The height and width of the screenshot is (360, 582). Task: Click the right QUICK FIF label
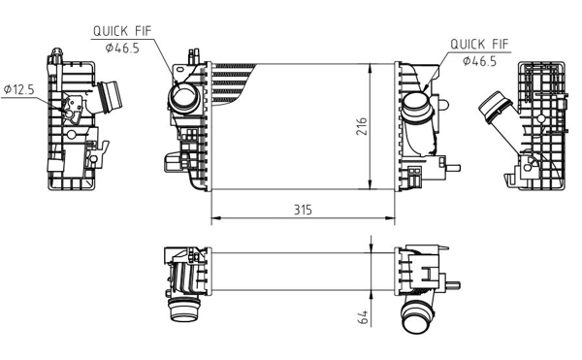pyautogui.click(x=480, y=44)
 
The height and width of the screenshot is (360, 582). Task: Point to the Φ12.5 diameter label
pyautogui.click(x=18, y=88)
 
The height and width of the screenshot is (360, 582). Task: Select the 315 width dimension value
pyautogui.click(x=303, y=209)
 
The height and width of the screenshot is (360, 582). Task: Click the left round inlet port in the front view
pyautogui.click(x=181, y=98)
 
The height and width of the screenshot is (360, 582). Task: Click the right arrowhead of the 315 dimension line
pyautogui.click(x=392, y=216)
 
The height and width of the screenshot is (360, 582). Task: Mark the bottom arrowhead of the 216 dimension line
pyautogui.click(x=373, y=187)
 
